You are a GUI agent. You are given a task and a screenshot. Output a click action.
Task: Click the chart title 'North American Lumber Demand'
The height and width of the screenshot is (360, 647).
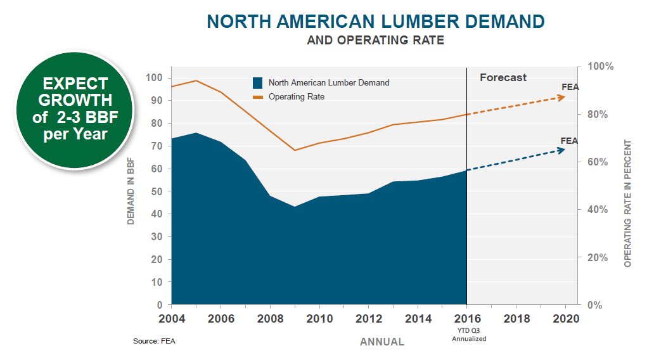click(375, 21)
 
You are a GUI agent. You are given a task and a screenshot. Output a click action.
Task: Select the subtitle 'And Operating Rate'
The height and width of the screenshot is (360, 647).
click(375, 41)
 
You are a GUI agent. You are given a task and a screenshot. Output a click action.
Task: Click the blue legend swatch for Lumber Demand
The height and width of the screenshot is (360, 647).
click(257, 83)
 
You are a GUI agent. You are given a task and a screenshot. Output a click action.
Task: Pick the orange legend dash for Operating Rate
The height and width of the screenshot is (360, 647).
click(257, 97)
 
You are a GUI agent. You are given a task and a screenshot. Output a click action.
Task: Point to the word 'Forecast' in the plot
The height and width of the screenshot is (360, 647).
click(503, 77)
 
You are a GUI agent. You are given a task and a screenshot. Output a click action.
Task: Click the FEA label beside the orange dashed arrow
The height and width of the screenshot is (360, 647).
click(570, 87)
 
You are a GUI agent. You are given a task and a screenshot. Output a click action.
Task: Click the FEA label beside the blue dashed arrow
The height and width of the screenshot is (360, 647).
click(569, 141)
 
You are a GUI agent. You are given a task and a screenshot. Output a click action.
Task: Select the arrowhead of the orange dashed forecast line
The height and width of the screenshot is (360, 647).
click(561, 97)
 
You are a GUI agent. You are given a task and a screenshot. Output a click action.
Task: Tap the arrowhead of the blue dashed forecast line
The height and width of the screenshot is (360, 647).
click(561, 150)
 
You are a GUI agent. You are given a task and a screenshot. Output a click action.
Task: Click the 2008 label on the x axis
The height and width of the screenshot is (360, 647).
click(270, 319)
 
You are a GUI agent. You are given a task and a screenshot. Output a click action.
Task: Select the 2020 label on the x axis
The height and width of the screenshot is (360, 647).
click(567, 319)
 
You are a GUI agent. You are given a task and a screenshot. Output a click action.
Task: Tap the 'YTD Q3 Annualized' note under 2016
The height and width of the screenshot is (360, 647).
click(468, 335)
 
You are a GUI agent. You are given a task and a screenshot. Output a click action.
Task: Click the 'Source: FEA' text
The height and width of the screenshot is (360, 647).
click(154, 341)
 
